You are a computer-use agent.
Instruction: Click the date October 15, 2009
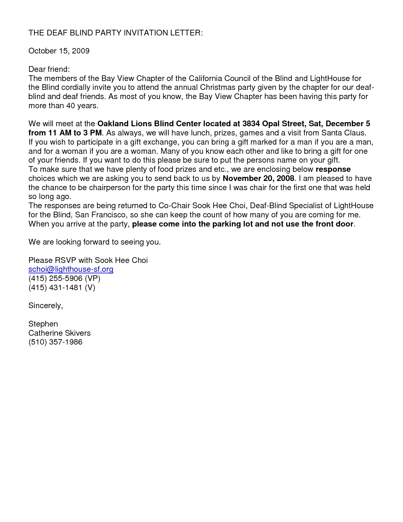[x=59, y=51]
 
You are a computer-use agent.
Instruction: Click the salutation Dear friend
[x=49, y=69]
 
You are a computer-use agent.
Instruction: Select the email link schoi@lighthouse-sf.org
[x=71, y=269]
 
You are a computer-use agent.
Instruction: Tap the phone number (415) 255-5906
[x=55, y=278]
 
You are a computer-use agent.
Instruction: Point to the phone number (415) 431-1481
[x=55, y=288]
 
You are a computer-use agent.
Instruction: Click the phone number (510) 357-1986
[x=55, y=342]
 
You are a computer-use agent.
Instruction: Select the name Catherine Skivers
[x=59, y=333]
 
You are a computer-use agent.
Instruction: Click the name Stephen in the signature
[x=43, y=324]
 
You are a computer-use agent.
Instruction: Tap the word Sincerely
[x=46, y=306]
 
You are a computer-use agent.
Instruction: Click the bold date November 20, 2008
[x=258, y=178]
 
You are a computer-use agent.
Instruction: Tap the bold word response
[x=333, y=169]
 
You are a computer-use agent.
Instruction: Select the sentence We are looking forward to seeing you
[x=95, y=242]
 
